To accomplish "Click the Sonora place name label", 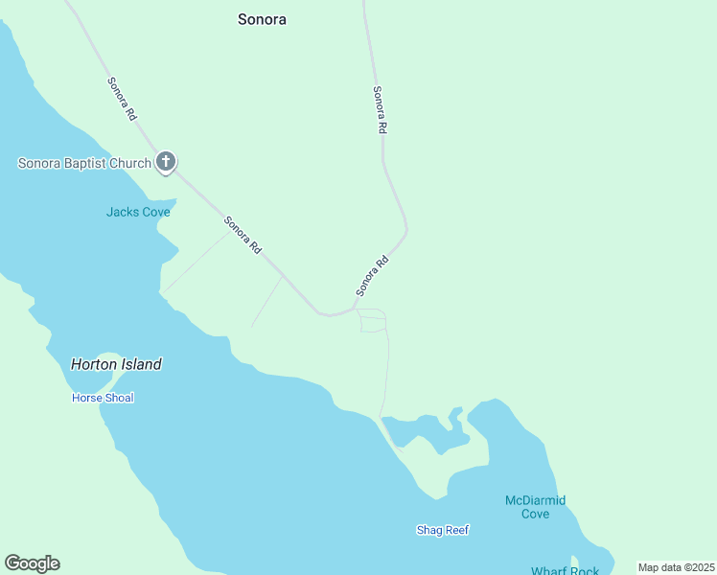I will coord(262,19).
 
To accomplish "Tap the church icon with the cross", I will coord(166,162).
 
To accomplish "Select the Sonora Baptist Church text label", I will coord(84,163).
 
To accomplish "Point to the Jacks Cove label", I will coord(138,212).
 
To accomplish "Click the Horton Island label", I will coord(116,364).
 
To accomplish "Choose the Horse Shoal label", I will coord(103,398).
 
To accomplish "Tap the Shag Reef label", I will coord(443,530).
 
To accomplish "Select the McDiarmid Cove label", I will coord(535,507).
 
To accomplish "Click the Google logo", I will coord(32,563).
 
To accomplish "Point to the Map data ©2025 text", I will coord(676,567).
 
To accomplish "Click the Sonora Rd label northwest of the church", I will coord(122,98).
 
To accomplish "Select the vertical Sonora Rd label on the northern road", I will coord(381,109).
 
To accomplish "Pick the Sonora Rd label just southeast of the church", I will coord(243,235).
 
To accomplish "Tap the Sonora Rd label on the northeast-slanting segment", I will coord(372,275).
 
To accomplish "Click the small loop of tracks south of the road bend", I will coord(372,321).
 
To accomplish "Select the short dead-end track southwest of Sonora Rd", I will coord(266,303).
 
